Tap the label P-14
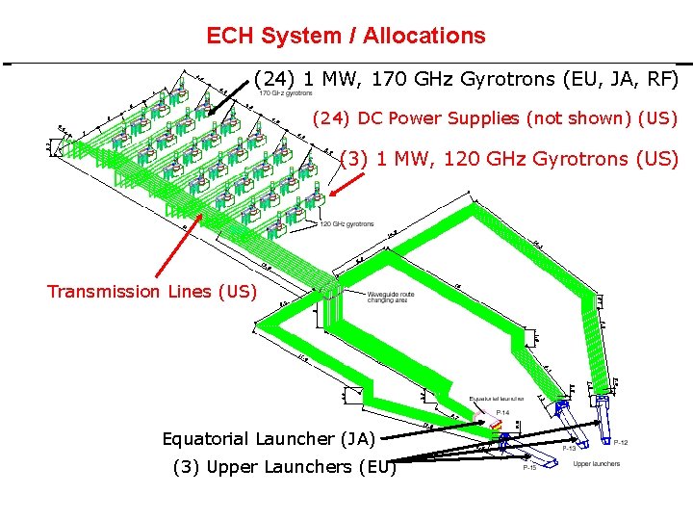[502, 413]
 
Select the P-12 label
[621, 442]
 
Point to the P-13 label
[570, 449]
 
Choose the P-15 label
[529, 469]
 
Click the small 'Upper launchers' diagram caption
[597, 464]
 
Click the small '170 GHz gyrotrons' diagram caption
[286, 93]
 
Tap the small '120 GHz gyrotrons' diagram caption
[346, 223]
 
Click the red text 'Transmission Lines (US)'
[152, 291]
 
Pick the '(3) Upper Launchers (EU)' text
[283, 467]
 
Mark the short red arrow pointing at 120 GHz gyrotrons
[341, 186]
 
